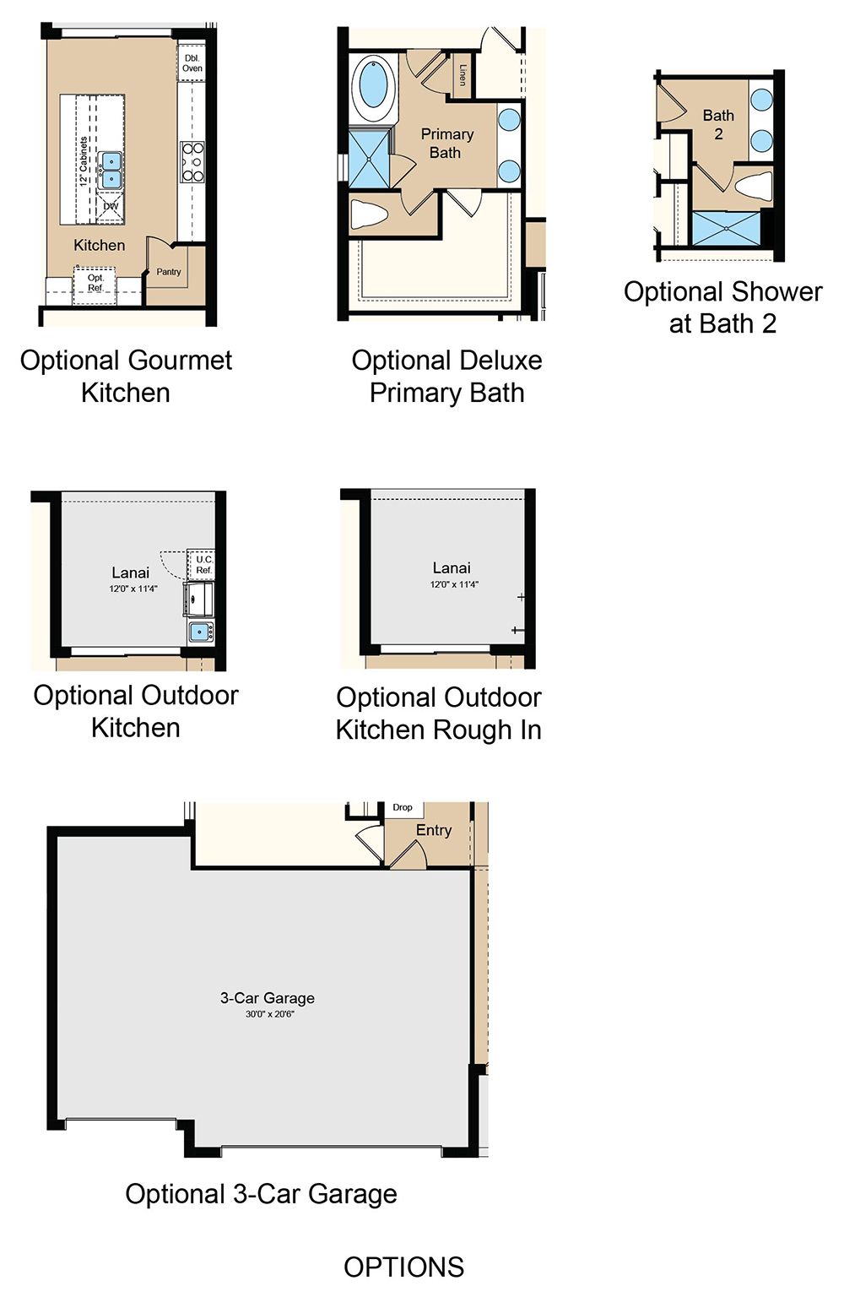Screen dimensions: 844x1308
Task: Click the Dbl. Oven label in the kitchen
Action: (x=192, y=63)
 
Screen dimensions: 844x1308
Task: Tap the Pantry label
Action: (x=169, y=272)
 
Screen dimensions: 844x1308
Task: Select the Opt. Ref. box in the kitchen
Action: (x=95, y=285)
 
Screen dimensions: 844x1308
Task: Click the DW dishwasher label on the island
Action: (x=111, y=206)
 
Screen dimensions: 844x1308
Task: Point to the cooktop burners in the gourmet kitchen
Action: (x=192, y=161)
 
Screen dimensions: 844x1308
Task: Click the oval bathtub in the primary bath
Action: (x=374, y=88)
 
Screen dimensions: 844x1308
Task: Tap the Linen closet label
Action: (x=463, y=75)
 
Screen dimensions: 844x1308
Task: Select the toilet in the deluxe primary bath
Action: (x=369, y=214)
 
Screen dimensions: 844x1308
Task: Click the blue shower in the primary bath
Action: (x=369, y=158)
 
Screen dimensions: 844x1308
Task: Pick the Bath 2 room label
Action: (x=718, y=124)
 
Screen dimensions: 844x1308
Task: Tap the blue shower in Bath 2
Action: (x=727, y=228)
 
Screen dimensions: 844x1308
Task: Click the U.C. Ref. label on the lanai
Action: (x=203, y=565)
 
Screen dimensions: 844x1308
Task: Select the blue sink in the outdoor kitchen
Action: (x=201, y=632)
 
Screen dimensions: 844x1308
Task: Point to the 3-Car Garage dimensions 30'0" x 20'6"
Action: (x=270, y=1013)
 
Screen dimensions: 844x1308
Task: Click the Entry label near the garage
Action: (x=434, y=830)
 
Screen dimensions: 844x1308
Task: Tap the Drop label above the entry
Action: (x=402, y=807)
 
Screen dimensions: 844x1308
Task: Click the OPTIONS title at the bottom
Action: (x=404, y=1267)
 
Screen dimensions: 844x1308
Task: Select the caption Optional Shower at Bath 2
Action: (x=722, y=307)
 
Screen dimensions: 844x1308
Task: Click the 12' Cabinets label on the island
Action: (x=84, y=162)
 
